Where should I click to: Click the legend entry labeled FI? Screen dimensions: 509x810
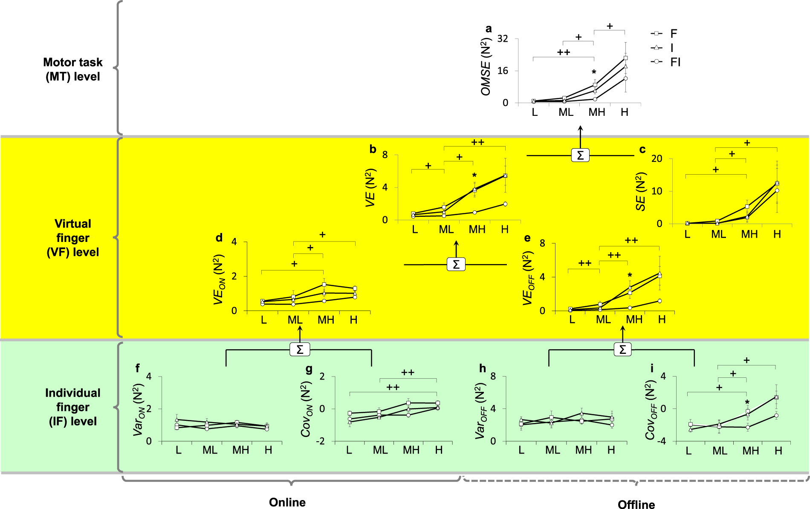tap(674, 62)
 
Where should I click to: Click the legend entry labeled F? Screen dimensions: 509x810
tap(673, 34)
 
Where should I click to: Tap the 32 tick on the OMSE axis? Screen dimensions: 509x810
tap(503, 39)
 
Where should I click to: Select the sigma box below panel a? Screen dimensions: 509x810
tap(580, 155)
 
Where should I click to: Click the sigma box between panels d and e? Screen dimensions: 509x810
tap(456, 265)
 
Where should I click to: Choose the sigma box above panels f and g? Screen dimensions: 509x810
tap(299, 350)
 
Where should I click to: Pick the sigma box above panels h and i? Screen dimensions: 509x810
tap(622, 350)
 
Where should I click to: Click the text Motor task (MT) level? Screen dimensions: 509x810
tap(73, 69)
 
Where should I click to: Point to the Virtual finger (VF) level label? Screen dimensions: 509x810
tap(73, 238)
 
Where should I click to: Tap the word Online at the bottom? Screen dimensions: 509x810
tap(287, 502)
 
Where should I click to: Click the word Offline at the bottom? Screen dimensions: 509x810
tap(636, 504)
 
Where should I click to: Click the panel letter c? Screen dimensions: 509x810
tap(642, 150)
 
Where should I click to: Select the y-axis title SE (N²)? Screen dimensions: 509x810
tap(641, 192)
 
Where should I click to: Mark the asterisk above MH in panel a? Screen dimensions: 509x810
tap(594, 72)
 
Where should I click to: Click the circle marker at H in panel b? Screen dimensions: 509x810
tap(505, 204)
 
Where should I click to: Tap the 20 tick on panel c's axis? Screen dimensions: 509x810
tap(657, 158)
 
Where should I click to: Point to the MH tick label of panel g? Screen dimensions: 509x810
tap(411, 450)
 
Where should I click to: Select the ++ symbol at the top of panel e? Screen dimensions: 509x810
tap(631, 241)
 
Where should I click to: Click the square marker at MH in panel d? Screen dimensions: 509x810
tap(324, 285)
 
